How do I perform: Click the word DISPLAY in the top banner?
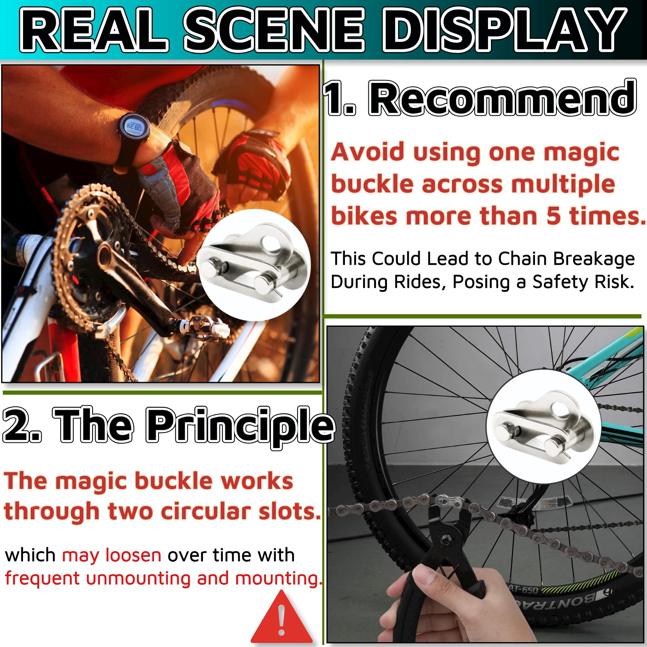[x=503, y=30]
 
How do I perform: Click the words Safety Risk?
[x=583, y=282]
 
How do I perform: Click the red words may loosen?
[x=111, y=555]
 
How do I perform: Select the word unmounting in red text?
[x=138, y=578]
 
